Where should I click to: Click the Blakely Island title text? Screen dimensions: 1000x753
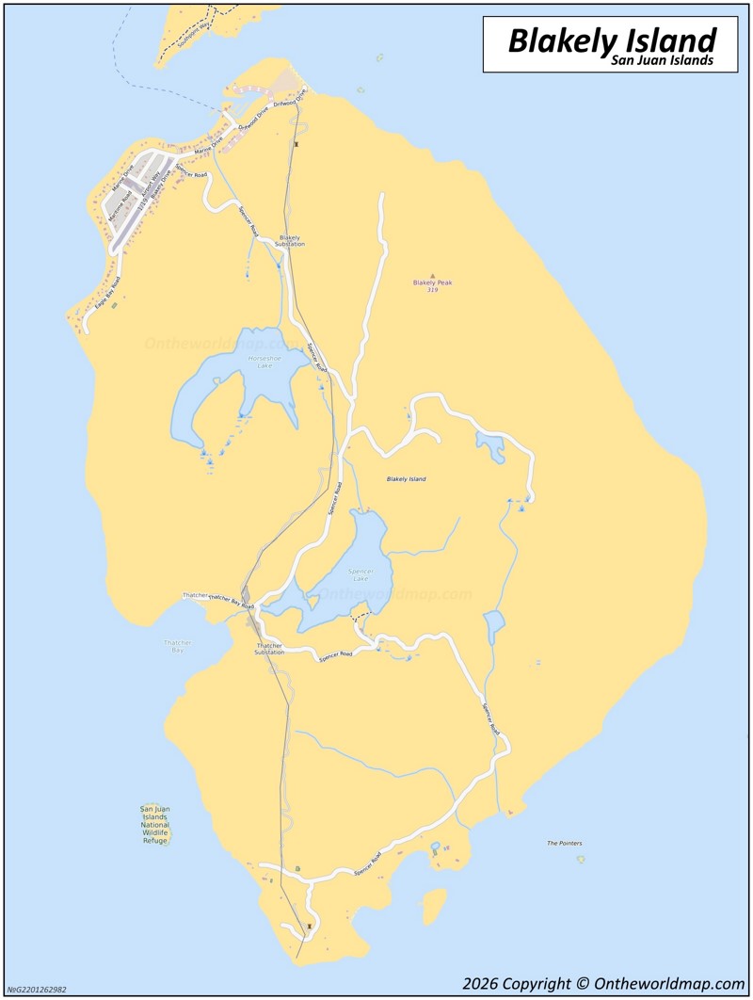(612, 40)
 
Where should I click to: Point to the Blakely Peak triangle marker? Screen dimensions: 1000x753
(433, 276)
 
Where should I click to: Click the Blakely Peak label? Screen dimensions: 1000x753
(433, 282)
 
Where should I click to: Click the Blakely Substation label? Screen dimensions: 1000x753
(290, 241)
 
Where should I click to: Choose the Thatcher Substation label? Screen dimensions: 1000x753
(269, 649)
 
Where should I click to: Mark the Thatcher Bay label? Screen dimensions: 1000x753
(177, 646)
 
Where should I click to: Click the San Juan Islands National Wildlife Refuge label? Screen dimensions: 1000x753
(154, 825)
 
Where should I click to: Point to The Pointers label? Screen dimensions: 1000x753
(565, 843)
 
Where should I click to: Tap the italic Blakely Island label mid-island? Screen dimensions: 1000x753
(407, 479)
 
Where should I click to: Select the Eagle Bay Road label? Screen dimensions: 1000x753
(107, 295)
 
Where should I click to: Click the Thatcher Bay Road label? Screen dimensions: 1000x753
(231, 601)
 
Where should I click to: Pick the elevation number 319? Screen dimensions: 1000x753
(432, 290)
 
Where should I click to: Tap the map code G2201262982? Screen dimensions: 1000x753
(38, 990)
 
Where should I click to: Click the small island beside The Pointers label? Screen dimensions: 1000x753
(581, 859)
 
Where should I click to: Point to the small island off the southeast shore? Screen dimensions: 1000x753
(433, 906)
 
